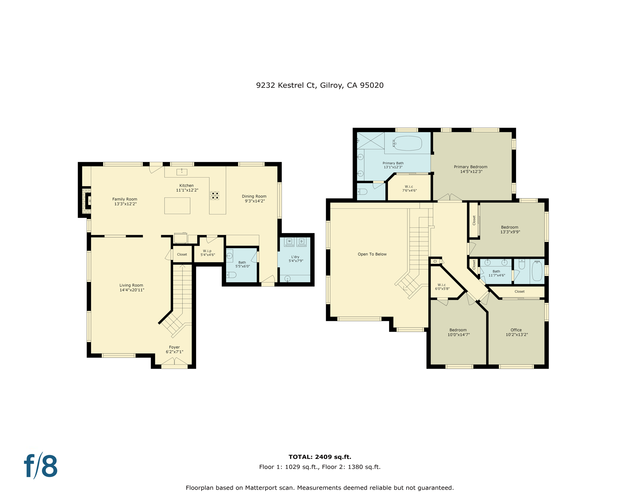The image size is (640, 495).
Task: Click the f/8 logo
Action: pos(41,466)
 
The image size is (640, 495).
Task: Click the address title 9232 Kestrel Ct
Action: pos(319,85)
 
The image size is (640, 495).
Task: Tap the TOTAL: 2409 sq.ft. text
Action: pos(319,457)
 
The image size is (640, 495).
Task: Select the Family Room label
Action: pos(125,199)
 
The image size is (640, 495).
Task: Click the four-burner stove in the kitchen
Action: pos(215,195)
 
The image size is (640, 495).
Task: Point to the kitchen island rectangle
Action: pos(177,206)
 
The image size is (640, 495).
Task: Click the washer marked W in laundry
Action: pos(289,241)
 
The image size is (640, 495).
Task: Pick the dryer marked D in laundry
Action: pos(301,241)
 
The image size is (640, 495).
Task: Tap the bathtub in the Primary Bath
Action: pos(407,143)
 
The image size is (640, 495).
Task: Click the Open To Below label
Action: pos(372,254)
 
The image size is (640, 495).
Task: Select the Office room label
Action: pos(516,330)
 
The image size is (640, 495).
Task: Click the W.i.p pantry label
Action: pos(207,251)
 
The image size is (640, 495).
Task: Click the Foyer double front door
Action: pos(174,362)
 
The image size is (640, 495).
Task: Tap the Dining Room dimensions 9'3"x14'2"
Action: pos(254,201)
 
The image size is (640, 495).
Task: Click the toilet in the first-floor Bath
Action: pos(231,275)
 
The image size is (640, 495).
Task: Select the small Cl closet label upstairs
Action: pos(435,261)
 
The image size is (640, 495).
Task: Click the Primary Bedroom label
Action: pos(470,167)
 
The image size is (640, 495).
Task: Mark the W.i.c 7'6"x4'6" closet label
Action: pos(409,189)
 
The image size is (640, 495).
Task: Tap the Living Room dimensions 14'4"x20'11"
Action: pos(132,290)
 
